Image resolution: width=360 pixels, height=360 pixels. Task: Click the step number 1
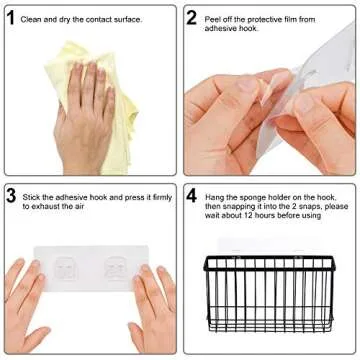coord(11,18)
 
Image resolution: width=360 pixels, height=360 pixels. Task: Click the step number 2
coord(192,18)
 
